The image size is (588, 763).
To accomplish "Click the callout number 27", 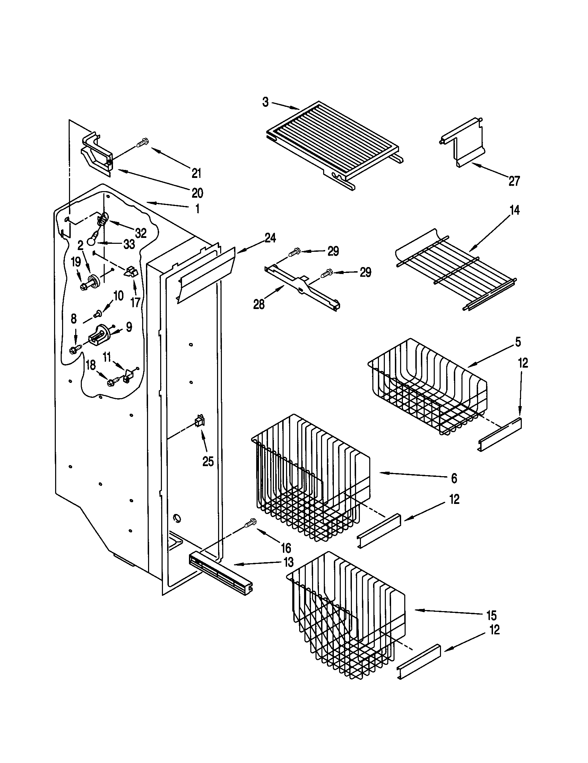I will pyautogui.click(x=514, y=181).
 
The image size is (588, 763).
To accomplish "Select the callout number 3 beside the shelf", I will pyautogui.click(x=265, y=102).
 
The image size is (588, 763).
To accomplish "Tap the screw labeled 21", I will pyautogui.click(x=143, y=143).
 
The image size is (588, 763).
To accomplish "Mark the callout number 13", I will pyautogui.click(x=288, y=562).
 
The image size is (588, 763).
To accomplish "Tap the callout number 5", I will pyautogui.click(x=518, y=342).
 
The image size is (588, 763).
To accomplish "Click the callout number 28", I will pyautogui.click(x=259, y=305).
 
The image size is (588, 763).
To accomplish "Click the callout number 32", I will pyautogui.click(x=141, y=233).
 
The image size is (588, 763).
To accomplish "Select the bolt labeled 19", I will pyautogui.click(x=84, y=286).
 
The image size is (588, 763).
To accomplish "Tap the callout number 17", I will pyautogui.click(x=135, y=302).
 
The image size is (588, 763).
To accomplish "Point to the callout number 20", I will pyautogui.click(x=197, y=193).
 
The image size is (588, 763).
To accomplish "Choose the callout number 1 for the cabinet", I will pyautogui.click(x=197, y=209).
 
